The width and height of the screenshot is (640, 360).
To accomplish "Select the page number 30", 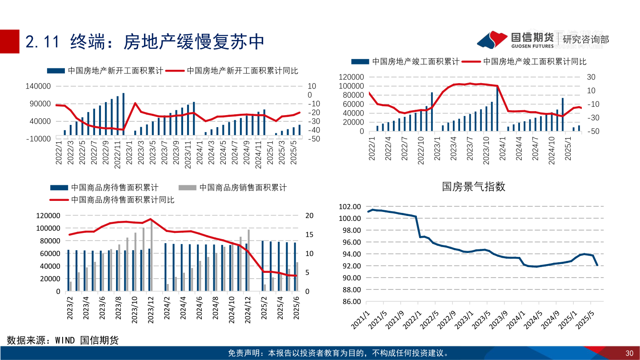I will (x=629, y=353).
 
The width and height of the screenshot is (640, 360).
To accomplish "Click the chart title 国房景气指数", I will (x=474, y=187).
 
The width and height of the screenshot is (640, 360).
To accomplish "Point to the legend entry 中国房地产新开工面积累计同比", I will (x=242, y=70).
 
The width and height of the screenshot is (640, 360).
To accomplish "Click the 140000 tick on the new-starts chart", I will (x=39, y=86).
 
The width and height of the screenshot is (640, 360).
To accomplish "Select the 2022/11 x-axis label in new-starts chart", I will (x=117, y=154).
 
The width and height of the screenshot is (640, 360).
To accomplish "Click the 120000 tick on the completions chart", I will (x=352, y=77).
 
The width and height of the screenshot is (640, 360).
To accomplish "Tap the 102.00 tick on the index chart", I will (x=349, y=207).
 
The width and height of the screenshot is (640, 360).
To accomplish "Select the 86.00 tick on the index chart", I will (x=349, y=301).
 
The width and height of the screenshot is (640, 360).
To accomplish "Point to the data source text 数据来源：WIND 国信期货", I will (x=63, y=340).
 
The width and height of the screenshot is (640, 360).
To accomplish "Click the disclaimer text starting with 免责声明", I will (x=338, y=353).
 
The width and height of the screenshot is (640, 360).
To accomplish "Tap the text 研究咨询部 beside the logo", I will (x=586, y=40).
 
